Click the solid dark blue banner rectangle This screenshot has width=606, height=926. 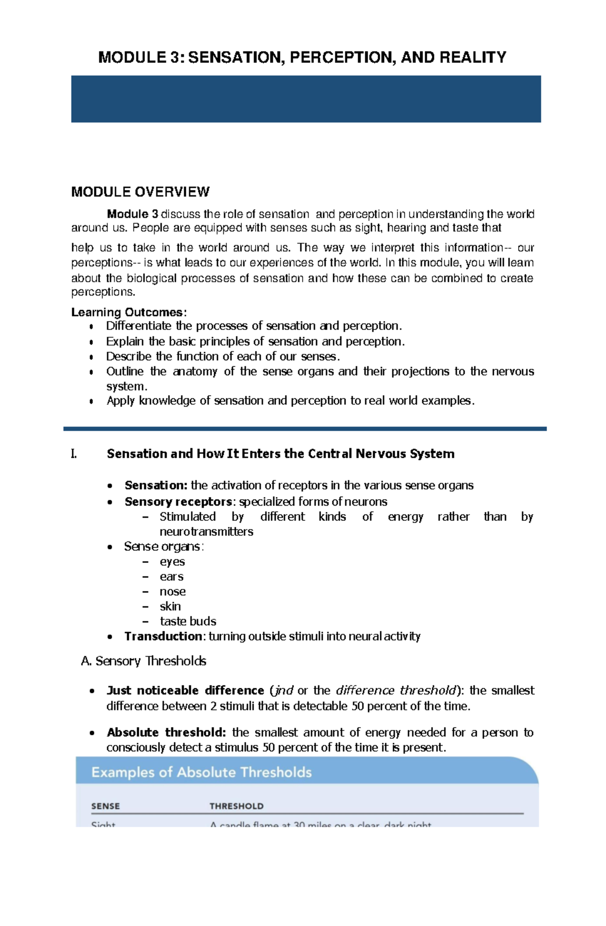306,99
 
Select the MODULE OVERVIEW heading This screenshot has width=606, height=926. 140,192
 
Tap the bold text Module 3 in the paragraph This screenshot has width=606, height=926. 132,214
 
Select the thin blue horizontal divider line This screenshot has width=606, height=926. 305,429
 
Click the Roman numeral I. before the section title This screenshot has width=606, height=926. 74,454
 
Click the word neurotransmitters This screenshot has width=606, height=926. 206,531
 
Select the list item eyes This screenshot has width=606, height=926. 172,562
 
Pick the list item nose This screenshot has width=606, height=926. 173,591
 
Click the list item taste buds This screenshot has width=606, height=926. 188,621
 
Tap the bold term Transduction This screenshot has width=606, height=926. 163,636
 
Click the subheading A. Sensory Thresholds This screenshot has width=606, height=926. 143,661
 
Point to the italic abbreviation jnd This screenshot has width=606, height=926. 284,690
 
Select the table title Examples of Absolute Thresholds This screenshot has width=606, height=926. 201,773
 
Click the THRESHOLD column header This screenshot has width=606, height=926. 236,806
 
